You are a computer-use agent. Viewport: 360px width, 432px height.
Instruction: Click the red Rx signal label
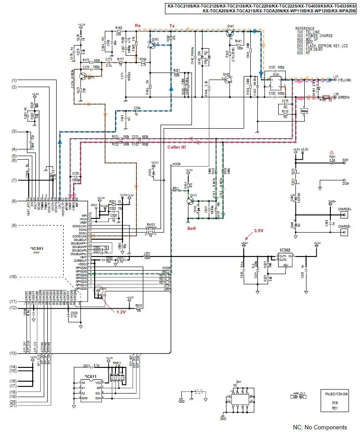pyautogui.click(x=138, y=26)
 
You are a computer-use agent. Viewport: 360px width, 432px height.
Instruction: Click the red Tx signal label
pyautogui.click(x=172, y=26)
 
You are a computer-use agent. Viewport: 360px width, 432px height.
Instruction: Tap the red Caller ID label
pyautogui.click(x=176, y=147)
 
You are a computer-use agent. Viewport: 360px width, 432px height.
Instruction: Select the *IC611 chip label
pyautogui.click(x=92, y=376)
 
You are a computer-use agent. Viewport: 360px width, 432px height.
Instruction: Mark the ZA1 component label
pyautogui.click(x=238, y=382)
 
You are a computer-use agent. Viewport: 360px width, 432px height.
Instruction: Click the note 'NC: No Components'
pyautogui.click(x=320, y=427)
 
